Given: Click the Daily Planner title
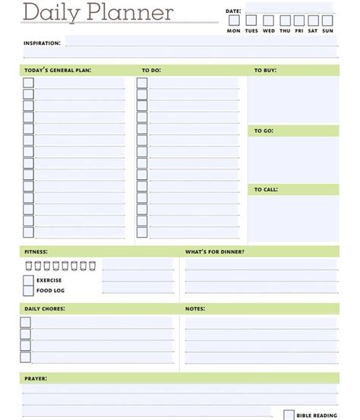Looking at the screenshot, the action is pos(98,13).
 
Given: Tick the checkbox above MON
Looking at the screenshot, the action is pos(233,21).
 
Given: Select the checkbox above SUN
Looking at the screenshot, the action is pos(327,21).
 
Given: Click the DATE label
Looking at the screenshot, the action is pos(232,11).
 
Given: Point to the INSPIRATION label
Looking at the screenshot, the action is pos(42,43).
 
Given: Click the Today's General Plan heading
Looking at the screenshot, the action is pos(58,71).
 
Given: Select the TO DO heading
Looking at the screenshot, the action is pos(151,71).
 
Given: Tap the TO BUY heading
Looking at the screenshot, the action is pos(265,71).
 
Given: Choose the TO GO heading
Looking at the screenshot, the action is pos(264,131).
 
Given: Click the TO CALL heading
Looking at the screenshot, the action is pos(266,189).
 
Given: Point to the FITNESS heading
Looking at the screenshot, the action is pos(36,251).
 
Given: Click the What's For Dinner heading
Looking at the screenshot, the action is pos(215,251).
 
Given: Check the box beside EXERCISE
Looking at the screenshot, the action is pos(28,280).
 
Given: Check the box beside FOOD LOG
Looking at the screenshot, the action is pos(28,290).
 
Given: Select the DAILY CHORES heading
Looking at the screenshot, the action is pos(45,309).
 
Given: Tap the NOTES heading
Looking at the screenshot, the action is pos(195,309).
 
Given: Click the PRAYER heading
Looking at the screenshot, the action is pos(36,377).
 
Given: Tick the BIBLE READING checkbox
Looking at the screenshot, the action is pos(289,415).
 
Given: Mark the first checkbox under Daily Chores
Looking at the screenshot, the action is pos(25,322).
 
